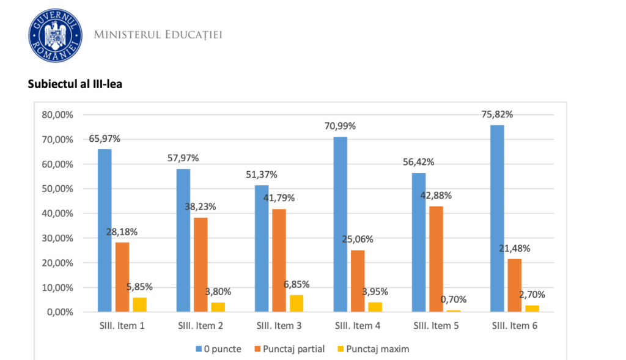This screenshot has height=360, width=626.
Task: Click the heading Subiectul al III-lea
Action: pyautogui.click(x=75, y=84)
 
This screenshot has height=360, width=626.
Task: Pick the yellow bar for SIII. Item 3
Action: pyautogui.click(x=296, y=303)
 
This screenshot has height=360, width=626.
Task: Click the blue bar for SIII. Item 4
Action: pyautogui.click(x=340, y=224)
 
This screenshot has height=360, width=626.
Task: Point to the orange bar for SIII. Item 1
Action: pyautogui.click(x=122, y=277)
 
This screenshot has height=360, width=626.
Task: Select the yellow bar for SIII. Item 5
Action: pyautogui.click(x=453, y=310)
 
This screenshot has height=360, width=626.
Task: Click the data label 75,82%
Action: pyautogui.click(x=496, y=114)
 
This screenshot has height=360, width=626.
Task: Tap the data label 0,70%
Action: pyautogui.click(x=454, y=299)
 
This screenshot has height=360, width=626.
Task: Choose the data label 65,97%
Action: pyautogui.click(x=105, y=139)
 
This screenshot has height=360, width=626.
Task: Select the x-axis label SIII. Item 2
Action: pyautogui.click(x=201, y=326)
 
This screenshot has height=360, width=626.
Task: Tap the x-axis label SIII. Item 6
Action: pyautogui.click(x=515, y=326)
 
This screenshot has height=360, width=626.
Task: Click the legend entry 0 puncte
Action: pyautogui.click(x=218, y=349)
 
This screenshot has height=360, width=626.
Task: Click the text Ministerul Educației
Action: pyautogui.click(x=158, y=34)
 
